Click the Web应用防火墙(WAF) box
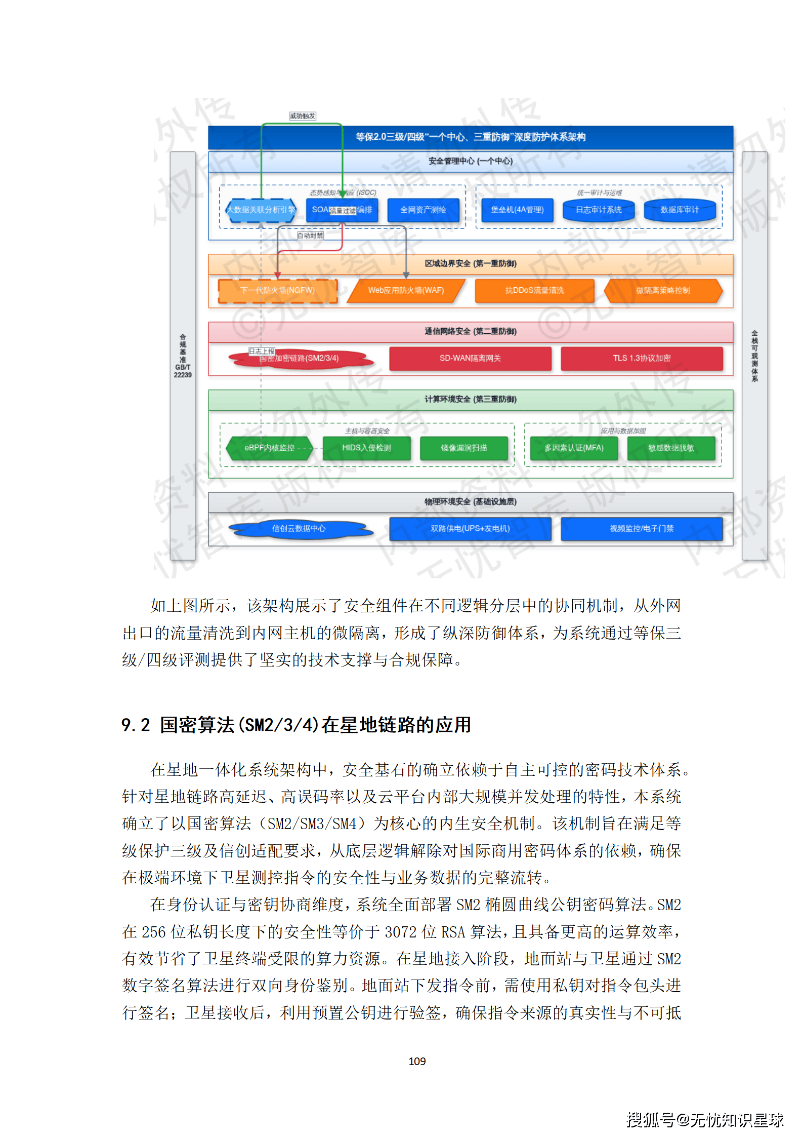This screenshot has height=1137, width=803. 406,291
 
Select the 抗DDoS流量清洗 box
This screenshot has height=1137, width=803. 534,291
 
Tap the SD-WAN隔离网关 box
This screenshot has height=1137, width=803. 470,359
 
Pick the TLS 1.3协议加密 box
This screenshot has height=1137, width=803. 642,359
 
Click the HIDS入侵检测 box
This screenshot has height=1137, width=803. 366,448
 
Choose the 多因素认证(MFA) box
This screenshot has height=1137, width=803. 574,448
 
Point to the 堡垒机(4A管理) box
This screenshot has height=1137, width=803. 517,210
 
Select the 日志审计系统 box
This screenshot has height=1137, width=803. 599,210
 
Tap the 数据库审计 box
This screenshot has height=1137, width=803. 680,210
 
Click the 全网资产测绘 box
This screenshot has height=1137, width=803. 423,210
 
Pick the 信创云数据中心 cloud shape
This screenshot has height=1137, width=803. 299,529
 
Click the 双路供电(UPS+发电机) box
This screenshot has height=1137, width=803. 470,529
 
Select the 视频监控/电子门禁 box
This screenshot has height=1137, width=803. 642,529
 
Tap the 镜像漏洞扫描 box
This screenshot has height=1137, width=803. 464,448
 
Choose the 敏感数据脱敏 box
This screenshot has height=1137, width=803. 671,448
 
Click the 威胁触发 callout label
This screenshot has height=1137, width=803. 303,116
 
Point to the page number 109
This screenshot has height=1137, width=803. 417,1061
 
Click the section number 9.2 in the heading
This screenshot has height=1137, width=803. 136,725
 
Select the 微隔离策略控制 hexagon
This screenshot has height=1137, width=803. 663,291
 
